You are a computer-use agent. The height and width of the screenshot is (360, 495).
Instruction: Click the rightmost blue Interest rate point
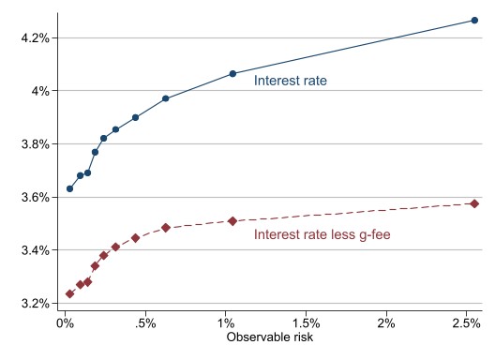(x=474, y=20)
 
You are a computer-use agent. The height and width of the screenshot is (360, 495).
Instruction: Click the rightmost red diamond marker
(x=474, y=203)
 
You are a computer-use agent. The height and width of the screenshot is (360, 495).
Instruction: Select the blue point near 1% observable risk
(x=232, y=73)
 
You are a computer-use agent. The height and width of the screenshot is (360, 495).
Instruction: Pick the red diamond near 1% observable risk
(x=232, y=221)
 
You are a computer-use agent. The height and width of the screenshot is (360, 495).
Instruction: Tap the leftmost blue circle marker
(x=69, y=188)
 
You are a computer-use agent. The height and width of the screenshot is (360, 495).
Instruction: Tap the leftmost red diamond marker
(x=69, y=293)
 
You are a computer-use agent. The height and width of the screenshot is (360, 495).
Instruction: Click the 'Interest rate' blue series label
(x=291, y=82)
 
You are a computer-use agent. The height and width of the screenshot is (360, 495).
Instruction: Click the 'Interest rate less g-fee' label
(x=322, y=234)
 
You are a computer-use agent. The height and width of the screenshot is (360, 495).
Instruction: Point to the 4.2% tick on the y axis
(x=33, y=38)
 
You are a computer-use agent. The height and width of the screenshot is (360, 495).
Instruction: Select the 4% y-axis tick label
(x=37, y=91)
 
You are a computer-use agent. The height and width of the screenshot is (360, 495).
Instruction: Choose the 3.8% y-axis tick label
(x=33, y=144)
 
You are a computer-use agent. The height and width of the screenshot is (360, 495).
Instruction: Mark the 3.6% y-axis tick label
(x=33, y=198)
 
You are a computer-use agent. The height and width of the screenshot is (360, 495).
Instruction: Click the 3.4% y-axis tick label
(x=33, y=250)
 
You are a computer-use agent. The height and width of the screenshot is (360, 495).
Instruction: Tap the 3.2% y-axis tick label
(x=33, y=304)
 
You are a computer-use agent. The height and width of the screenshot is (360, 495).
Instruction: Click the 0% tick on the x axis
(x=64, y=323)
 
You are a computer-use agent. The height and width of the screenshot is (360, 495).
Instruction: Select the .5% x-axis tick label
(x=144, y=323)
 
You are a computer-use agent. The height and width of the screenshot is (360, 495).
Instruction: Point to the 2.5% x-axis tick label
(x=466, y=323)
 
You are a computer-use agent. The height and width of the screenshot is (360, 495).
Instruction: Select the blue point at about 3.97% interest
(x=165, y=98)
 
